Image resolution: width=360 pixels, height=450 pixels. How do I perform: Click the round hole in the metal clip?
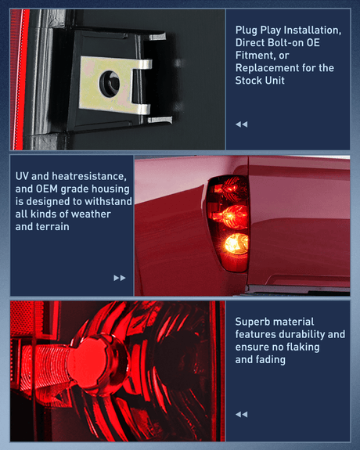click(x=110, y=84)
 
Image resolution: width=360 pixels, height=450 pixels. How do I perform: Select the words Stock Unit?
click(x=260, y=81)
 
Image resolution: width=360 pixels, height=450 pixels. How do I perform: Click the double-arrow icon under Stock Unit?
click(x=242, y=124)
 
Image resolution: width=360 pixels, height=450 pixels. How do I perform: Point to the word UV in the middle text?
click(x=22, y=176)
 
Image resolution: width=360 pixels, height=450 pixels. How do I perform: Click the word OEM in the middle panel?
click(x=47, y=189)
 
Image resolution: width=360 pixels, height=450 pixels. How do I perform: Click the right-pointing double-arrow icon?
click(x=120, y=278)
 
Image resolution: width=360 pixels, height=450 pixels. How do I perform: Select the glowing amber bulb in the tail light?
click(x=237, y=244)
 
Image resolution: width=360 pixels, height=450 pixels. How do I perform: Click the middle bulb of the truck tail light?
click(x=234, y=217)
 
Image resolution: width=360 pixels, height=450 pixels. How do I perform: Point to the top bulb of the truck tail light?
click(x=229, y=188)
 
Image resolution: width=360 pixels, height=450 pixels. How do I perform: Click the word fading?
click(x=272, y=359)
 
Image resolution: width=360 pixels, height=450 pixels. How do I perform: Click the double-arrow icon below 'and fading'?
click(x=242, y=414)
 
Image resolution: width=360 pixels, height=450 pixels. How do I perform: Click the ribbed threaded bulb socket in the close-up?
click(x=46, y=365)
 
